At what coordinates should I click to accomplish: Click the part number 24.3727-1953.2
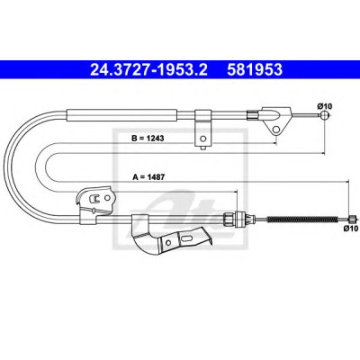(148, 69)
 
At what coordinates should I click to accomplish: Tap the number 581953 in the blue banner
(255, 69)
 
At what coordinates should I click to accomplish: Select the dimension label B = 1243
(148, 139)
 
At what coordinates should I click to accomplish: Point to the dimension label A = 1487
(148, 177)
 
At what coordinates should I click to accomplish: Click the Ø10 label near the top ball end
(324, 106)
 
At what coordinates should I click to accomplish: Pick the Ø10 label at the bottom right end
(351, 229)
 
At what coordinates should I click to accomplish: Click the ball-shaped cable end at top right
(324, 114)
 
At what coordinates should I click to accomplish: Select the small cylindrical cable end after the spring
(352, 219)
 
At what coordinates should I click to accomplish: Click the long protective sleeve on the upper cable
(122, 115)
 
